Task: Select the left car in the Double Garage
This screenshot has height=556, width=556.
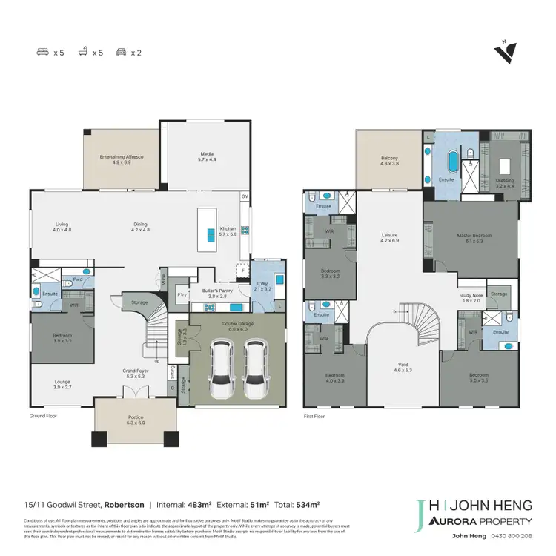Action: (x=220, y=368)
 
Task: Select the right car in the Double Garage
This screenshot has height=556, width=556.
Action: (x=254, y=368)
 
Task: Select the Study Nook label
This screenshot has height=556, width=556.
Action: (x=471, y=297)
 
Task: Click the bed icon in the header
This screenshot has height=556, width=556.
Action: (x=42, y=53)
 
